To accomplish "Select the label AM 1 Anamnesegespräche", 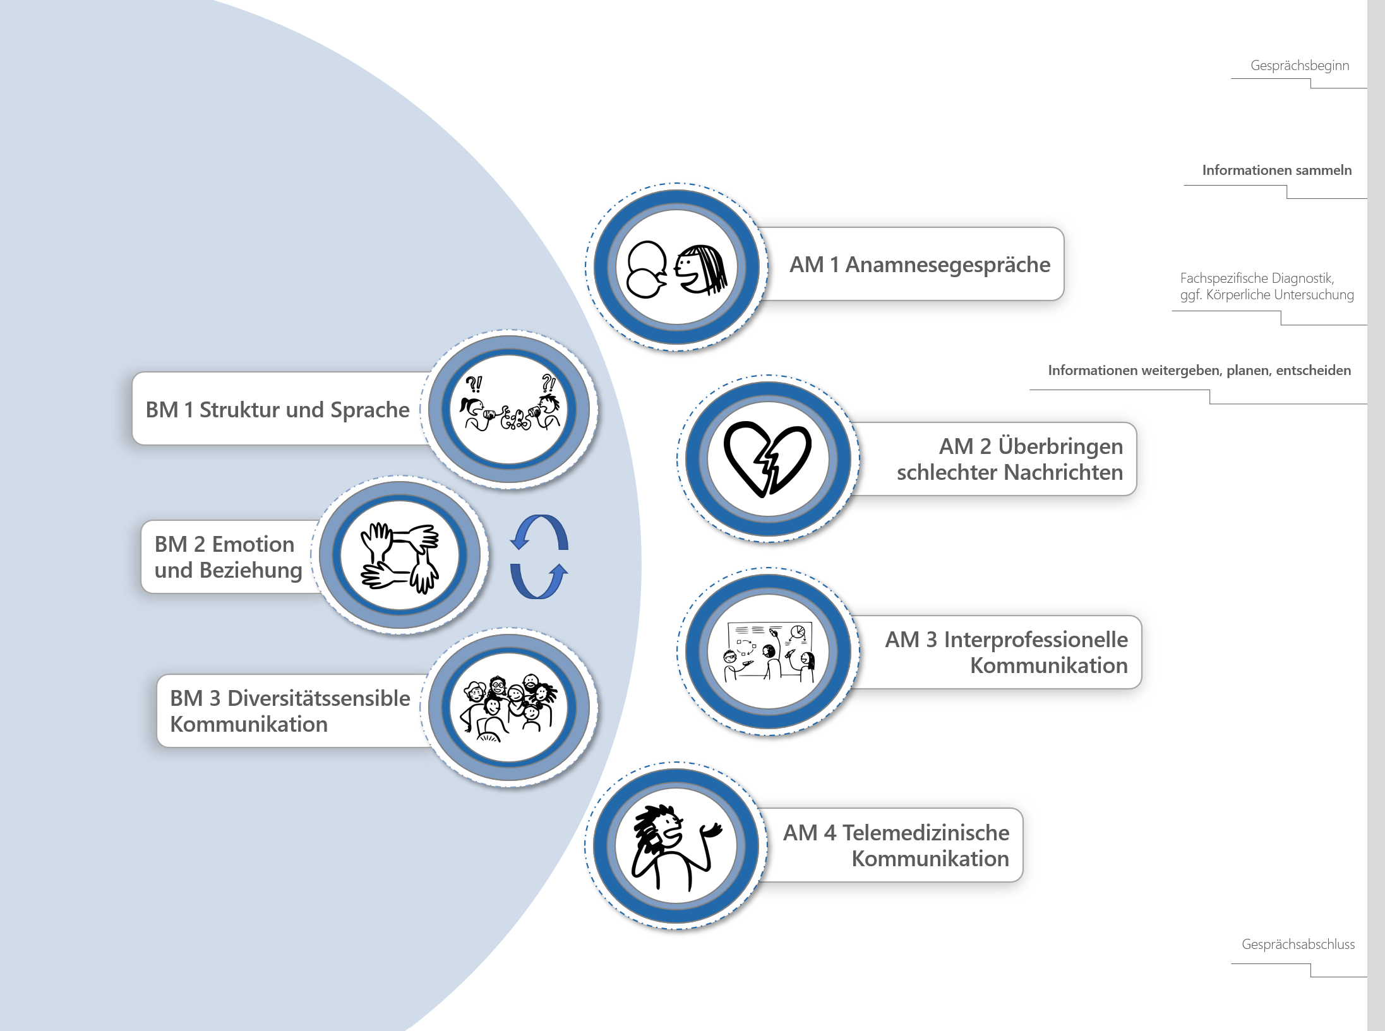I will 920,265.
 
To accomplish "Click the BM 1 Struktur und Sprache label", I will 277,410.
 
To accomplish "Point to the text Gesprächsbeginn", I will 1299,66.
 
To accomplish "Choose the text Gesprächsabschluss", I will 1298,944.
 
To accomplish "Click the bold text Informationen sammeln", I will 1276,170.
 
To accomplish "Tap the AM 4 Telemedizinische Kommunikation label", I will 896,845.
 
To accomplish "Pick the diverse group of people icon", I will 508,708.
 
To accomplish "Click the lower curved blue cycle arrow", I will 539,581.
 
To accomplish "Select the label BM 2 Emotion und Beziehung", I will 228,557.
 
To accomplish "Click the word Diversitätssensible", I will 318,698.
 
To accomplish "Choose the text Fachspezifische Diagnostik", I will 1257,278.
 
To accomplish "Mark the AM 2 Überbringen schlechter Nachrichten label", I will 1009,459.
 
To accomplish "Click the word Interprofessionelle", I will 1036,640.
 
